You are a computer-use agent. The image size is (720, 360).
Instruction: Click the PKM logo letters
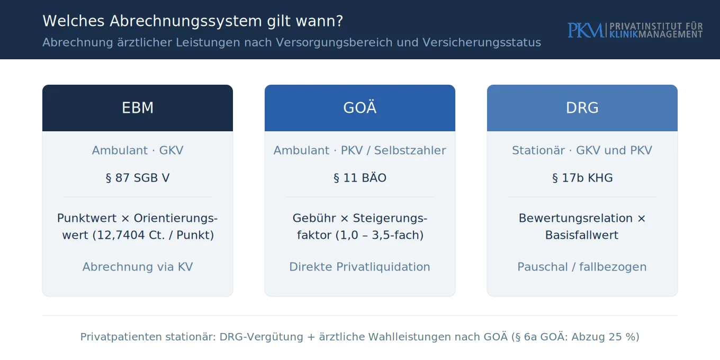coord(586,30)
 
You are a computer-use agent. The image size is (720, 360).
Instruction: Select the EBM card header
coord(138,107)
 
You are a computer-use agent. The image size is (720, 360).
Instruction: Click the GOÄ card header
coord(360,107)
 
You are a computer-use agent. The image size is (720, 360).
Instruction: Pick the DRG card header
coord(582,107)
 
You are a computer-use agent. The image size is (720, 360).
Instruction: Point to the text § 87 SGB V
coord(138,178)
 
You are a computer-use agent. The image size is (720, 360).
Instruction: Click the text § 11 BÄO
coord(360,178)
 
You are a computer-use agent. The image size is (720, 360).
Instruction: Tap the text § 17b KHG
coord(582,178)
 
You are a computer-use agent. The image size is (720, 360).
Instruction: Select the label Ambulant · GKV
coord(138,150)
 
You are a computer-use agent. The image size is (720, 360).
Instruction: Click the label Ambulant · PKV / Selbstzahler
coord(360,150)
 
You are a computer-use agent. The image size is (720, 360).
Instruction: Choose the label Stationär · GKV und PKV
coord(582,150)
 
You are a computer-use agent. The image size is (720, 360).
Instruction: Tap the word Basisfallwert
coord(582,235)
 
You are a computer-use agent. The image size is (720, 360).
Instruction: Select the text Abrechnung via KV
coord(138,267)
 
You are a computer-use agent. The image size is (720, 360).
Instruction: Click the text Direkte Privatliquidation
coord(359,267)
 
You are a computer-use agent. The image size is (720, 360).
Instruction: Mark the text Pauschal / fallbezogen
coord(582,267)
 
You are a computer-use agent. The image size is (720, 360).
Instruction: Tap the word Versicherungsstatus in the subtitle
coord(482,42)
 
